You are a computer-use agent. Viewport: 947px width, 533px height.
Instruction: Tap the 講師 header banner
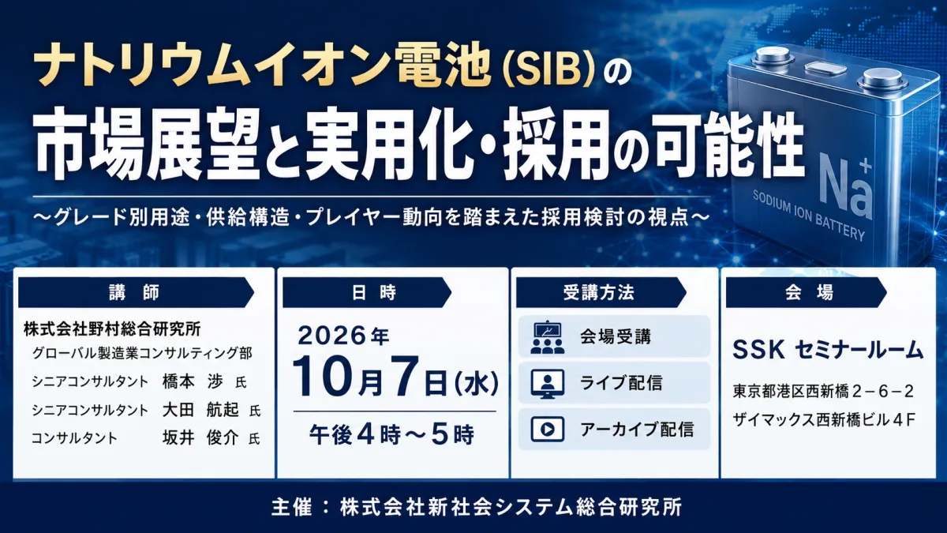click(x=136, y=292)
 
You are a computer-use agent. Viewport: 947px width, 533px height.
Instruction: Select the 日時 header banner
click(x=367, y=292)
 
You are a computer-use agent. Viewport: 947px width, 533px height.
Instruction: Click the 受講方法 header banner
click(x=601, y=292)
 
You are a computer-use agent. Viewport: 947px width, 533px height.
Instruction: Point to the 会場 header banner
click(x=807, y=292)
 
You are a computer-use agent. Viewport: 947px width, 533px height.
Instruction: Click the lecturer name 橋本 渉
click(x=193, y=381)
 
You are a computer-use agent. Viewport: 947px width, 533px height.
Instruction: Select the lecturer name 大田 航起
click(x=200, y=410)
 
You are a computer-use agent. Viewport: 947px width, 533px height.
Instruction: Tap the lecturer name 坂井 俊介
click(x=200, y=437)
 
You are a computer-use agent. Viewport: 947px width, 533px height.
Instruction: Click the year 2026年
click(x=343, y=336)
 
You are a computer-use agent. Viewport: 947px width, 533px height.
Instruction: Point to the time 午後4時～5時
click(x=392, y=434)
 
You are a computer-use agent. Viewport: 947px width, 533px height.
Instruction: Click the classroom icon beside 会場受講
click(x=548, y=337)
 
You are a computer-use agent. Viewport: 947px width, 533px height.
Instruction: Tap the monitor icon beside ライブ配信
click(x=548, y=384)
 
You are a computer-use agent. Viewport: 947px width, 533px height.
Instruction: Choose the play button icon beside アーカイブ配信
click(x=548, y=429)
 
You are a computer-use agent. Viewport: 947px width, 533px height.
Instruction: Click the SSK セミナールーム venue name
click(x=827, y=351)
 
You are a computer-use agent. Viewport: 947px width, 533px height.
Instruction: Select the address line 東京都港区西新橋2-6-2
click(x=823, y=392)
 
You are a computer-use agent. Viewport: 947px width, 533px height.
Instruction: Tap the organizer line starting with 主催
click(x=477, y=507)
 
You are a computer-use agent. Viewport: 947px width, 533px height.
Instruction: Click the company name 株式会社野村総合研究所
click(x=112, y=328)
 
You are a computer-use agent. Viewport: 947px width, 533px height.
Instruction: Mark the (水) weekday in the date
click(x=476, y=383)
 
